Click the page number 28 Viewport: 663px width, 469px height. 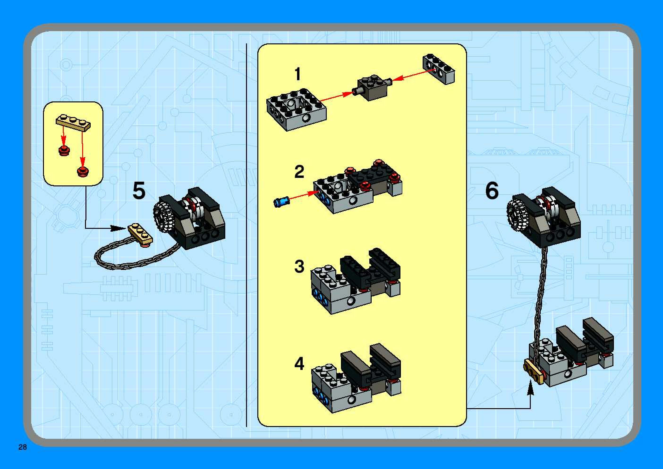pyautogui.click(x=22, y=447)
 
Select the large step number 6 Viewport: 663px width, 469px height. pyautogui.click(x=492, y=191)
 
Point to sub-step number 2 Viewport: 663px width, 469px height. pyautogui.click(x=299, y=172)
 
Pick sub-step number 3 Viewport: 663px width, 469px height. pyautogui.click(x=299, y=266)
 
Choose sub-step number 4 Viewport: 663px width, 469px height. pyautogui.click(x=299, y=364)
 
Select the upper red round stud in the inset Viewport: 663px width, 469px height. pyautogui.click(x=64, y=151)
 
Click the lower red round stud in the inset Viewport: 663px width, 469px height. pyautogui.click(x=83, y=171)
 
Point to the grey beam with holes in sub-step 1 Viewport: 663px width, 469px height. pyautogui.click(x=438, y=69)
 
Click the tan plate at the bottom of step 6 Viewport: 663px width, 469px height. pyautogui.click(x=534, y=372)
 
